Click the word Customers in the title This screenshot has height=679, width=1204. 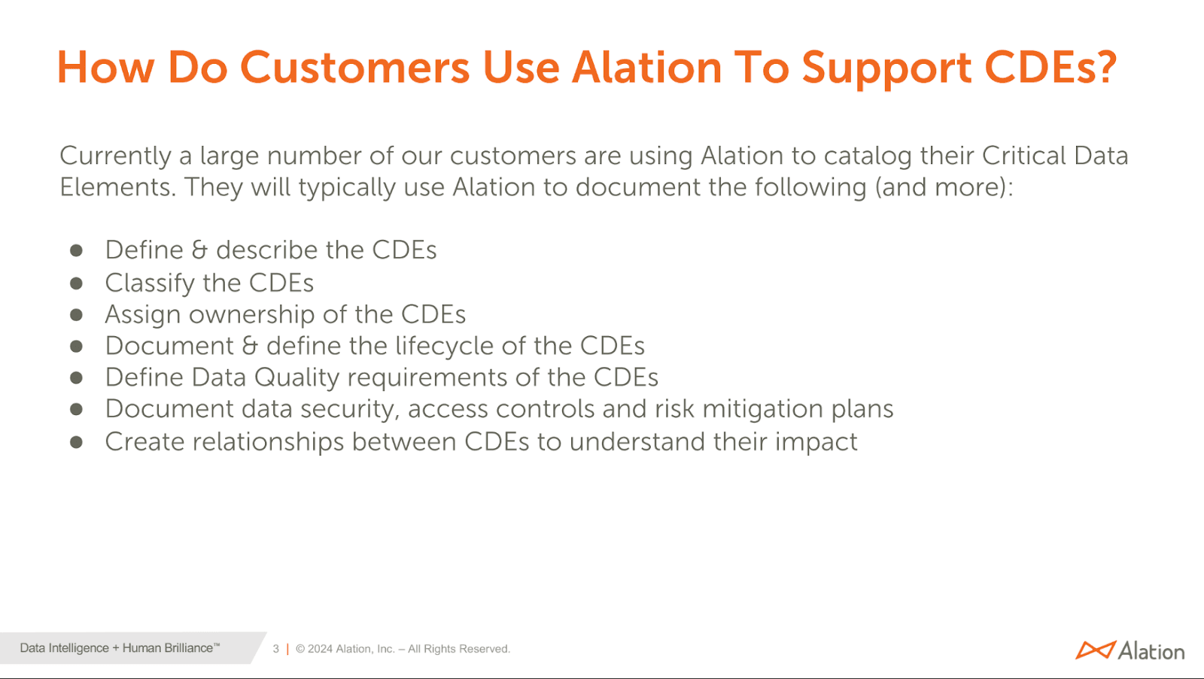[x=355, y=68]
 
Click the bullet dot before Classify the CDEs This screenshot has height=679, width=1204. [x=76, y=283]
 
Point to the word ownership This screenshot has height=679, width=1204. [x=251, y=315]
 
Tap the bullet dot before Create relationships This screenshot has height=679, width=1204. [x=76, y=442]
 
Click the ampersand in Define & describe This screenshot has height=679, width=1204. [x=199, y=250]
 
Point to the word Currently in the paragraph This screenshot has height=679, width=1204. [x=116, y=156]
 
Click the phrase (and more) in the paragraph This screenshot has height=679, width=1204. [x=941, y=187]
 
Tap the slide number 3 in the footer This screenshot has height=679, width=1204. [x=276, y=649]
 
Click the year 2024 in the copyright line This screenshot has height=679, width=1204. [x=320, y=649]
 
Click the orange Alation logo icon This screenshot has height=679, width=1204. [x=1095, y=650]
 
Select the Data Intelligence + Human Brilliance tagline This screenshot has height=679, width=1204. [x=120, y=648]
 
